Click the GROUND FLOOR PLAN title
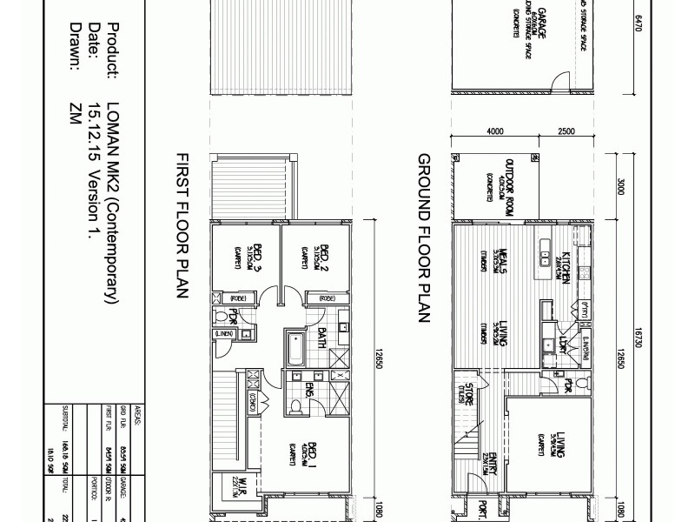pyautogui.click(x=425, y=238)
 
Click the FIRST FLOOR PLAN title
pyautogui.click(x=182, y=225)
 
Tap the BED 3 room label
pyautogui.click(x=257, y=255)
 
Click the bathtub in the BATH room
pyautogui.click(x=295, y=350)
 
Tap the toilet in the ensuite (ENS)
pyautogui.click(x=298, y=405)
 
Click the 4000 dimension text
pyautogui.click(x=494, y=131)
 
